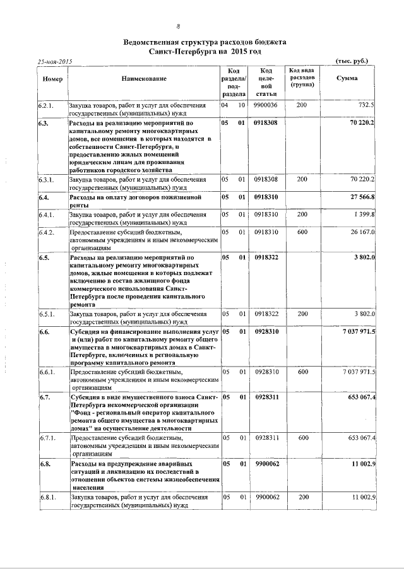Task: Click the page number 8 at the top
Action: click(x=179, y=26)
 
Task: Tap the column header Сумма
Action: click(x=347, y=78)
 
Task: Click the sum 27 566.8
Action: click(x=363, y=197)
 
